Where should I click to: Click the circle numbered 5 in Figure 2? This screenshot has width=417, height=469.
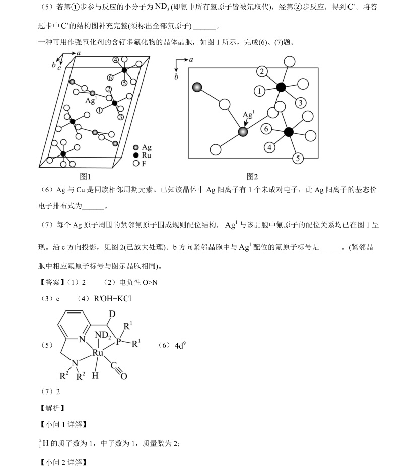tap(298, 158)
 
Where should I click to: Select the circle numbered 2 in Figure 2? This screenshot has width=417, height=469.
tap(261, 71)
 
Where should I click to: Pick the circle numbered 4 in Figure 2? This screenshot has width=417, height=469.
tap(270, 147)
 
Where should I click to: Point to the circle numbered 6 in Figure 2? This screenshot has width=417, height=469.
tap(266, 129)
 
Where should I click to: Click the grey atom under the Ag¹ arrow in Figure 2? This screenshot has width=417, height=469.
tap(243, 132)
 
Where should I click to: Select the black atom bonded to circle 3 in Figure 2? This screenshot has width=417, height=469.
tap(281, 87)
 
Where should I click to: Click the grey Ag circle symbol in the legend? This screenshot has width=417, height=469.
tap(135, 147)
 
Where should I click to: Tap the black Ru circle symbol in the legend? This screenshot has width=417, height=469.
tap(135, 155)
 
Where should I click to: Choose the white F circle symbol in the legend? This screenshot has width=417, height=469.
tap(135, 163)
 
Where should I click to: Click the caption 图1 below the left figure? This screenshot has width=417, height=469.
tap(85, 176)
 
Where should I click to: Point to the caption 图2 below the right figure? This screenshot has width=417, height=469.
tap(252, 176)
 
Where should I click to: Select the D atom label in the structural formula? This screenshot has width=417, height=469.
tap(112, 314)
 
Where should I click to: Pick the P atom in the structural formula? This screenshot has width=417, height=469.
tap(119, 342)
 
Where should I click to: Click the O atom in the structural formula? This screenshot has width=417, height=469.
tap(124, 376)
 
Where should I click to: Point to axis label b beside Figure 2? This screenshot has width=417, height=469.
tap(176, 77)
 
